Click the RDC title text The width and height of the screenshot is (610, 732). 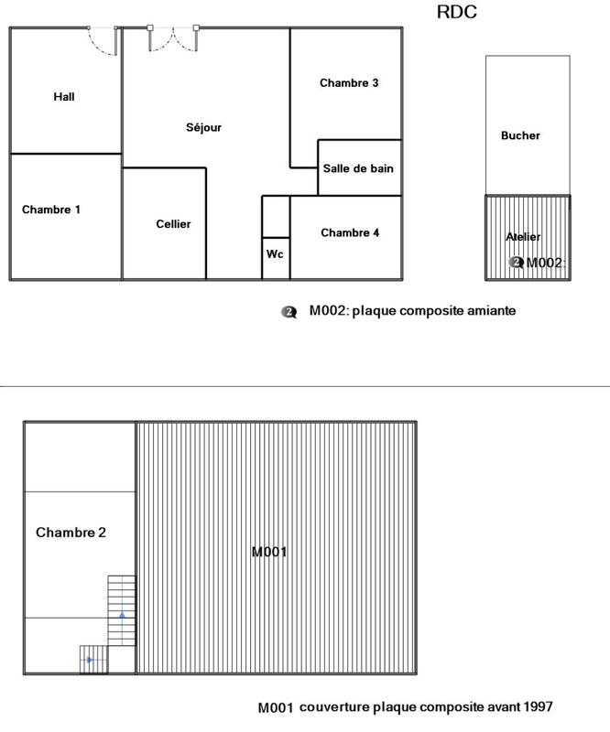(x=458, y=13)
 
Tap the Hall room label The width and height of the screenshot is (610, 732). (x=64, y=97)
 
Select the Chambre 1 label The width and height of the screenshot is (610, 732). (x=51, y=210)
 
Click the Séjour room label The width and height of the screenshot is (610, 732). (x=203, y=128)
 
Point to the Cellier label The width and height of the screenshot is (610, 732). (x=173, y=224)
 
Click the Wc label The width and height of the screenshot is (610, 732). (x=275, y=253)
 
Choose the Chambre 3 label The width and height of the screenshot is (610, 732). (x=349, y=83)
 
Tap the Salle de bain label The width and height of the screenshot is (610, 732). (x=358, y=168)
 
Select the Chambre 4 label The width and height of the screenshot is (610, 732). (x=350, y=233)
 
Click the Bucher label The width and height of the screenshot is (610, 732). (x=520, y=135)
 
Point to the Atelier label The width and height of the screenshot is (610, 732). (x=523, y=237)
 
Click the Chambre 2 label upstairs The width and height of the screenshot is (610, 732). (x=71, y=533)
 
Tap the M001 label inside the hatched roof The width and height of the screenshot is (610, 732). (x=270, y=552)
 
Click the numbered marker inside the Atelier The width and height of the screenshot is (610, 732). (x=517, y=263)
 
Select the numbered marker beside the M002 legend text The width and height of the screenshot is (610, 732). (x=290, y=311)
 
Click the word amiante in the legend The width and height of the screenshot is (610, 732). (x=491, y=311)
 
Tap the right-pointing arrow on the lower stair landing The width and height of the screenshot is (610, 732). (x=89, y=659)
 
